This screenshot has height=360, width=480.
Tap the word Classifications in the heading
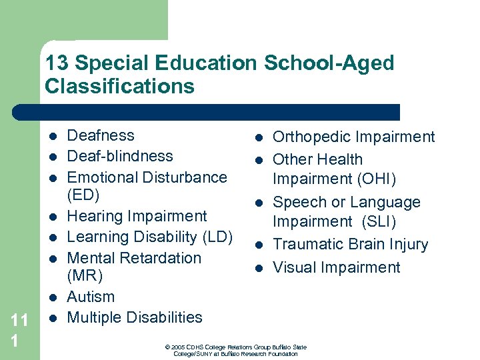pos(120,87)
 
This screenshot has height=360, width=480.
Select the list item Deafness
pos(101,135)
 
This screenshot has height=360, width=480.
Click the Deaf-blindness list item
pos(120,156)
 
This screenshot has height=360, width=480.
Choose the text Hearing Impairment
pos(137,216)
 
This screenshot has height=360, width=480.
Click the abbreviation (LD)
pos(218,237)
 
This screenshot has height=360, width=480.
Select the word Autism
pos(91,297)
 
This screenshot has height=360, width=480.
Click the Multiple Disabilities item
pos(135,317)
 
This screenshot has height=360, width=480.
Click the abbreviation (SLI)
pos(377,222)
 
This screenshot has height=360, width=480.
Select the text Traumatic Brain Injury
pos(350,245)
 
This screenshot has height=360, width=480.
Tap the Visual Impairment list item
pos(337,267)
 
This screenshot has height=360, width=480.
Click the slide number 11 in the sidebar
pos(19,321)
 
